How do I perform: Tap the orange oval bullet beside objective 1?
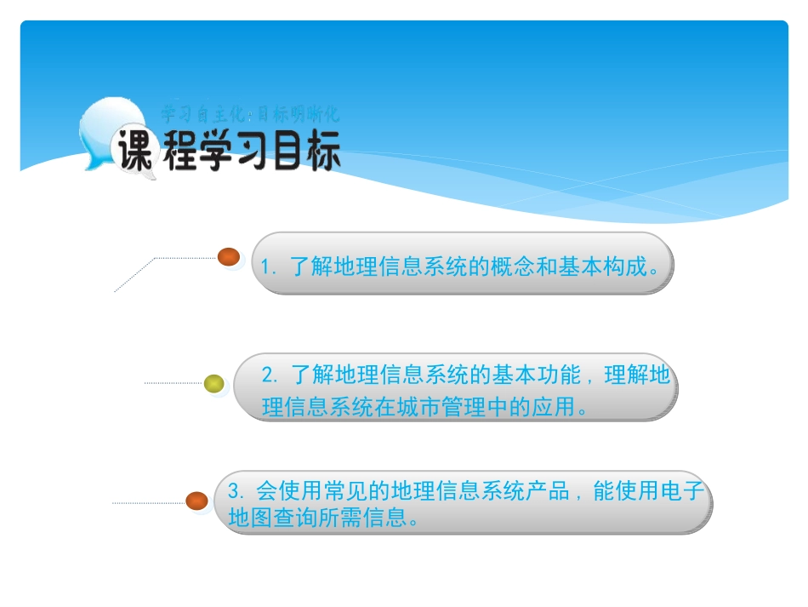pyautogui.click(x=229, y=256)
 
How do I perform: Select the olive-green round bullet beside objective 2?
pyautogui.click(x=214, y=384)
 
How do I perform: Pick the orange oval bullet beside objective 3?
pyautogui.click(x=197, y=501)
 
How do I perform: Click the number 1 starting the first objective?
pyautogui.click(x=265, y=266)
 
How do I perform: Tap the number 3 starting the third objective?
pyautogui.click(x=236, y=492)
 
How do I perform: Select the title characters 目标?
pyautogui.click(x=310, y=153)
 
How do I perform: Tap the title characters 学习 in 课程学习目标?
pyautogui.click(x=241, y=153)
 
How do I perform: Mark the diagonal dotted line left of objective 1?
pyautogui.click(x=134, y=274)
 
